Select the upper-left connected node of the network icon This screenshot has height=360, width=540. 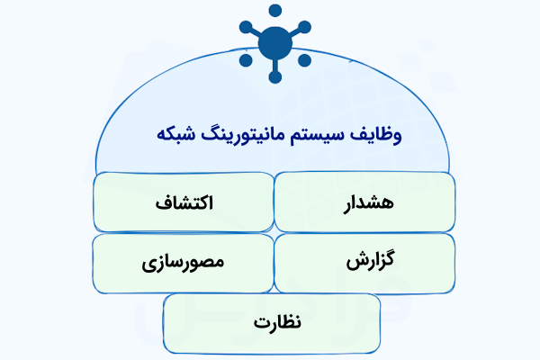(x=242, y=24)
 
